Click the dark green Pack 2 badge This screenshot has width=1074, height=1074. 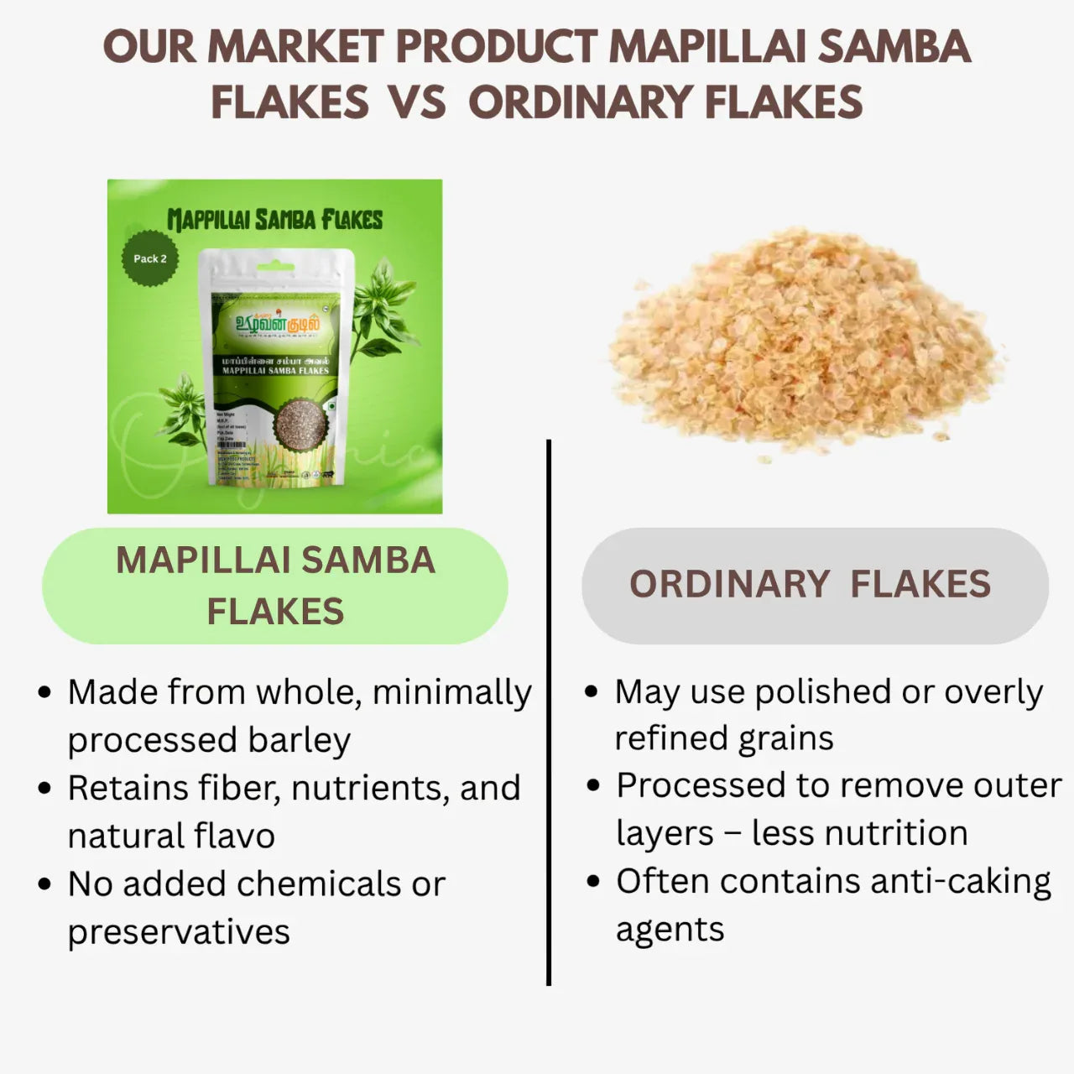click(x=150, y=258)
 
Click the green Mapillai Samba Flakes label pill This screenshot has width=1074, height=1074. click(x=275, y=586)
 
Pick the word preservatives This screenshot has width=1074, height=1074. click(x=178, y=931)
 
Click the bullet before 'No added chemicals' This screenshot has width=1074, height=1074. click(x=45, y=885)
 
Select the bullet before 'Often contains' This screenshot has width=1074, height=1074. click(x=593, y=882)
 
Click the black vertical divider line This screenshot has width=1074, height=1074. click(x=549, y=713)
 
